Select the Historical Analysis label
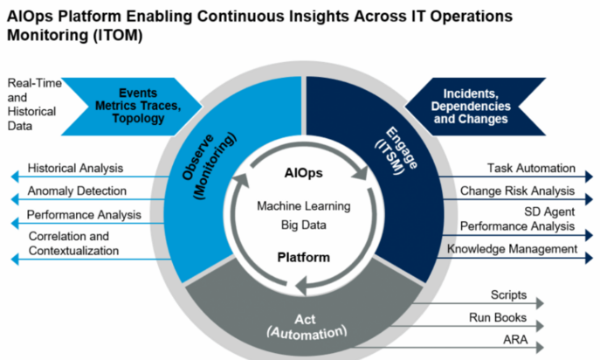point(75,168)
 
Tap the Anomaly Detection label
point(77,190)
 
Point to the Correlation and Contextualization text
point(74,244)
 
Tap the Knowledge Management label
point(513,249)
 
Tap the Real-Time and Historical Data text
point(32,104)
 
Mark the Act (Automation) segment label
point(307,325)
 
